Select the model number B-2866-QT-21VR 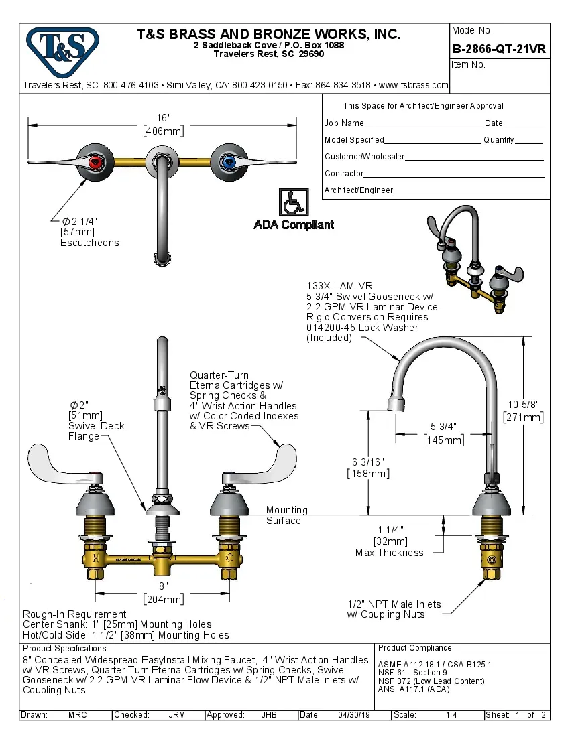coord(499,48)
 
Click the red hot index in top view coord(96,161)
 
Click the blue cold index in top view coord(227,161)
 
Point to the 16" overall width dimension coord(163,117)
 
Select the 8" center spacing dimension coord(163,586)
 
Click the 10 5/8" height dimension coord(523,404)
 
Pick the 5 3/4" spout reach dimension coord(443,426)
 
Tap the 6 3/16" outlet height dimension coord(368,462)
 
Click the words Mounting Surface coord(286,515)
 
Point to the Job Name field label coord(344,123)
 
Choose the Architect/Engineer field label coord(358,190)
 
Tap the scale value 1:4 coord(451,715)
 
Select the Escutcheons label coord(90,243)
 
